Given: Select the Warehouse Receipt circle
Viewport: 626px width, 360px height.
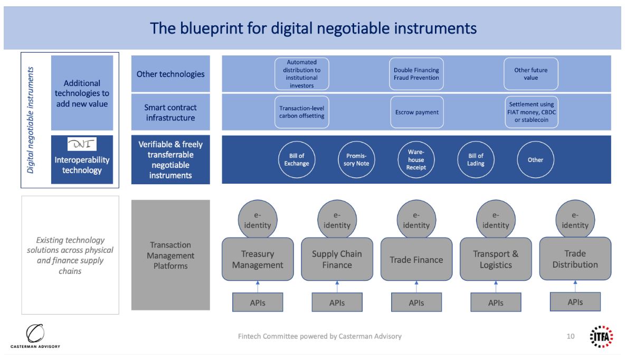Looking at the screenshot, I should click(x=416, y=159).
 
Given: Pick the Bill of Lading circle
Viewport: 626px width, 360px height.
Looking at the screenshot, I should click(x=476, y=159).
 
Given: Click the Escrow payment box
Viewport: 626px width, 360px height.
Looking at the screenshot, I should click(x=416, y=112).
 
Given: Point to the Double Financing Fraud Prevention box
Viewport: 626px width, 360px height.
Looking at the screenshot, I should click(x=416, y=74).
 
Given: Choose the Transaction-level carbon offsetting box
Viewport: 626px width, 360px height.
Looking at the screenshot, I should click(x=301, y=112).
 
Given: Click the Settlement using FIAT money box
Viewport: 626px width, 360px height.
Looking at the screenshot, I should click(x=532, y=112).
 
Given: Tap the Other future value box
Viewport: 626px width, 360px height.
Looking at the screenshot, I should click(x=531, y=74).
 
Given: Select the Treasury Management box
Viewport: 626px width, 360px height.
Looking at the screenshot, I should click(x=258, y=259).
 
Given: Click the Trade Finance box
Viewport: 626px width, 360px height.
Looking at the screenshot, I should click(x=416, y=259).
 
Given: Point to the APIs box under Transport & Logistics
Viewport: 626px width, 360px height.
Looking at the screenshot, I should click(x=496, y=302).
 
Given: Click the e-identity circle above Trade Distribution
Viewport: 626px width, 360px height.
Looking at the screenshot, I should click(x=575, y=220).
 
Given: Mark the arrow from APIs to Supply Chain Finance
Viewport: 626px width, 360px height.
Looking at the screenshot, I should click(x=337, y=287).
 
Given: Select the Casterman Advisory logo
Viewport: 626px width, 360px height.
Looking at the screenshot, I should click(x=35, y=336).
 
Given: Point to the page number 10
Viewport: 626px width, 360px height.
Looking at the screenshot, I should click(x=571, y=336).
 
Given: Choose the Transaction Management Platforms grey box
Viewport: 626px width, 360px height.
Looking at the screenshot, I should click(x=170, y=255).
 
